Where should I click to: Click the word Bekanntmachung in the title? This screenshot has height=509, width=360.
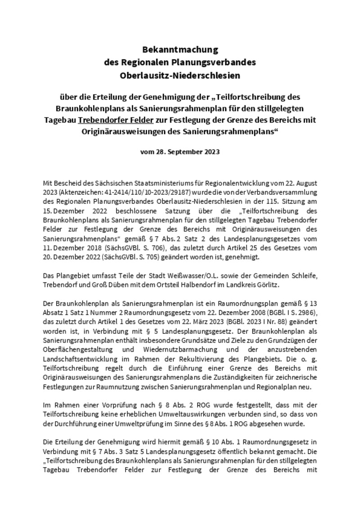(x=180, y=49)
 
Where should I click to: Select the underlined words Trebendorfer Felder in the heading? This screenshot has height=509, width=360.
(x=116, y=121)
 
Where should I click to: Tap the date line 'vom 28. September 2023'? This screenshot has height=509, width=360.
(x=180, y=152)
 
